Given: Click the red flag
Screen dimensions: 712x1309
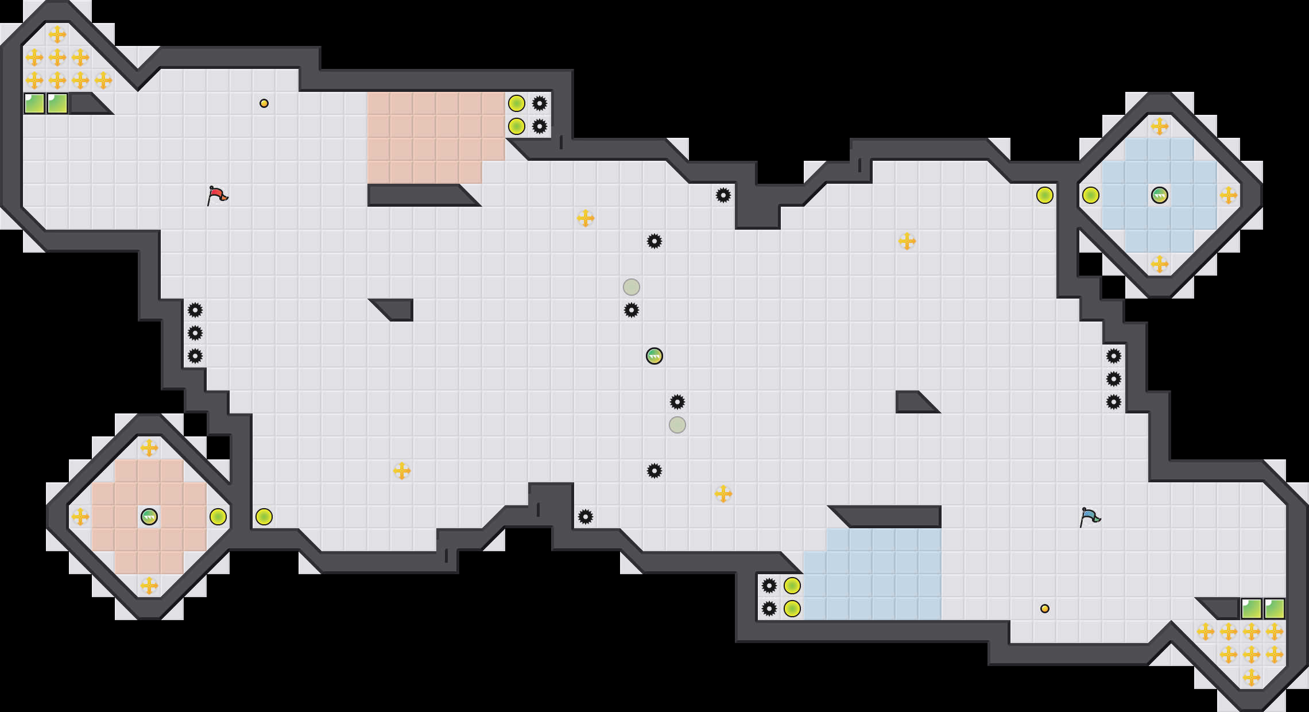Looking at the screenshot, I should click(x=217, y=195).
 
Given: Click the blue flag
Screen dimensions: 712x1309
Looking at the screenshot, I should click(x=1089, y=517).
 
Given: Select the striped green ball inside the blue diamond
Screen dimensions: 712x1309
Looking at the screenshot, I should click(x=1159, y=195).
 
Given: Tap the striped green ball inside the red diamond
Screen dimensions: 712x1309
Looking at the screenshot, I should click(x=149, y=517).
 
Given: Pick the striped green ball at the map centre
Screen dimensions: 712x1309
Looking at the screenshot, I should click(x=654, y=356).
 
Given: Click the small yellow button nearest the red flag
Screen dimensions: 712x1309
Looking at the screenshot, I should click(x=264, y=103).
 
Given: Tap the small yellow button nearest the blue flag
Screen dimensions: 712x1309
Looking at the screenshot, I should click(x=1045, y=609).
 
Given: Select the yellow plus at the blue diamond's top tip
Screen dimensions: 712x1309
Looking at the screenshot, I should click(x=1159, y=126).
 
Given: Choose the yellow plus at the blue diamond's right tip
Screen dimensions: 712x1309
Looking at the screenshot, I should click(x=1229, y=195).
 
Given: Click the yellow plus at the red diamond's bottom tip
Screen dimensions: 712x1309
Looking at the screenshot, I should click(x=149, y=586).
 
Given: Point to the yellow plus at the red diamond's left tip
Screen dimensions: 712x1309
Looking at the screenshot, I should click(x=80, y=517).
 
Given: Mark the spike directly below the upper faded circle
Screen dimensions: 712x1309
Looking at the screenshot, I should click(x=632, y=310).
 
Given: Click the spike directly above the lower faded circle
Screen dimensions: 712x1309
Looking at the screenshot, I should click(x=677, y=402).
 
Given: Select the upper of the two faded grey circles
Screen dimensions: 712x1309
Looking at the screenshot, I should click(x=632, y=287).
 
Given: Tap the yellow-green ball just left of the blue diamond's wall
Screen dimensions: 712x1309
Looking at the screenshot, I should click(x=1045, y=195).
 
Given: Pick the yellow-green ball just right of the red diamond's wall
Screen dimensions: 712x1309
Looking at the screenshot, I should click(x=264, y=517).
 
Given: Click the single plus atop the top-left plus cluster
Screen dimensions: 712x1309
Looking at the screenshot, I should click(x=57, y=34).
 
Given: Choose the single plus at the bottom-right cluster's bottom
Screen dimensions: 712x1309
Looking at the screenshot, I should click(x=1252, y=678).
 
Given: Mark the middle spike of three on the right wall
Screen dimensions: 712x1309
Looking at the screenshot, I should click(x=1114, y=379).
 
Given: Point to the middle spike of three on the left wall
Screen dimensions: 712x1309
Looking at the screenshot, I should click(x=195, y=333).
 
